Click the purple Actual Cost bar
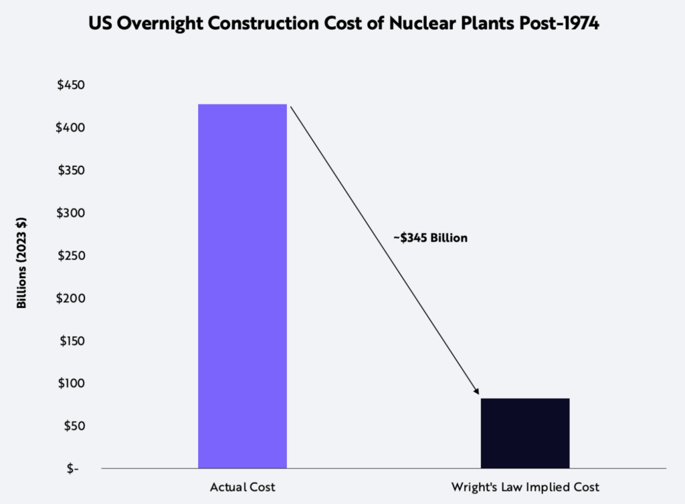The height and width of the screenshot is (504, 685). (242, 286)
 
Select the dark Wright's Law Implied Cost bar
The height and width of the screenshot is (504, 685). (525, 433)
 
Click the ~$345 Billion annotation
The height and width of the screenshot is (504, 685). (430, 237)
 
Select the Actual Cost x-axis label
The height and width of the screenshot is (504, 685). (243, 487)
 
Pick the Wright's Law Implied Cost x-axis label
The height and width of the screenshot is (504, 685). (525, 487)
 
